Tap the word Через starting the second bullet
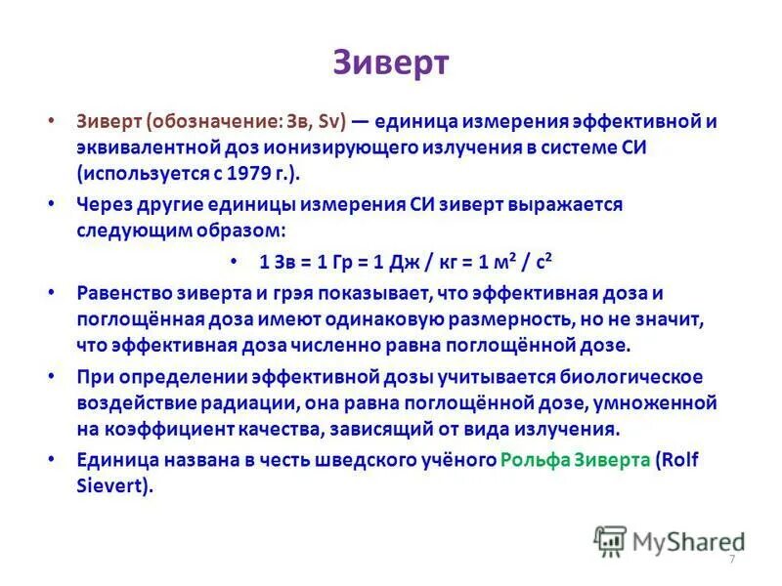(105, 206)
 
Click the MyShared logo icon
(611, 540)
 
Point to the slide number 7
(731, 558)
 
